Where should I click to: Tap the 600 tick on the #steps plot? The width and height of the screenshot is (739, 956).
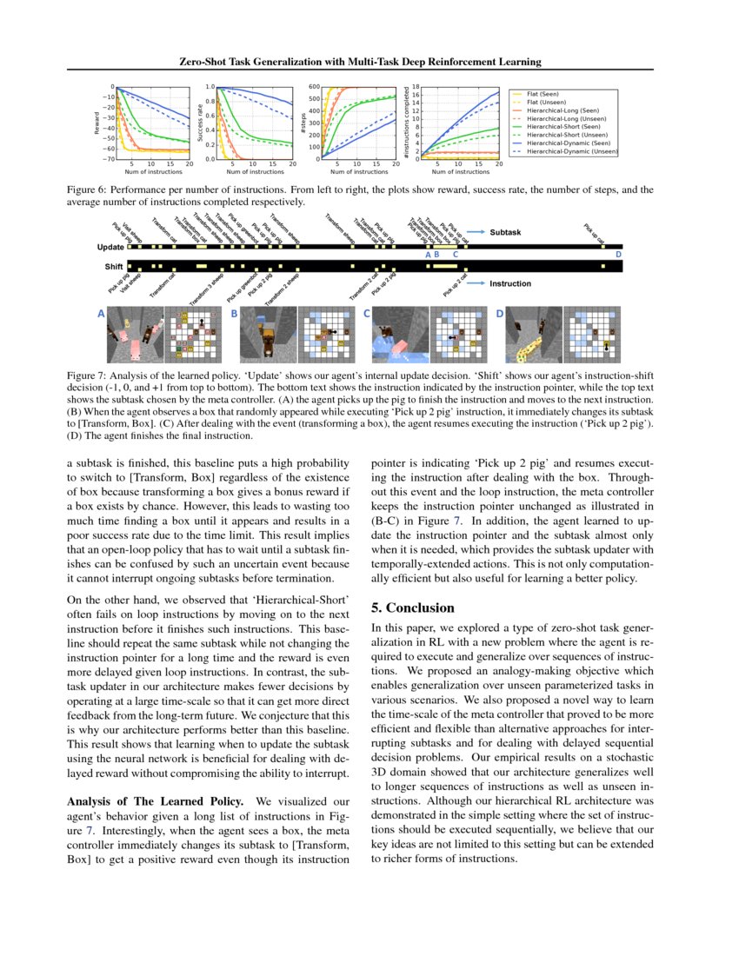tap(314, 87)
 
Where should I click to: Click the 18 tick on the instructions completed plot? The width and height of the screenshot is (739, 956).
tap(417, 87)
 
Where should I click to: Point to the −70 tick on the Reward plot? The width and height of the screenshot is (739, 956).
tap(108, 159)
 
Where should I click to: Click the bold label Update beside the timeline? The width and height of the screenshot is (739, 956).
tap(111, 248)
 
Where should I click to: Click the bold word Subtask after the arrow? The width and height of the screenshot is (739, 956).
tap(505, 233)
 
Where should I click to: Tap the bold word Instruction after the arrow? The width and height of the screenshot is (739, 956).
tap(510, 283)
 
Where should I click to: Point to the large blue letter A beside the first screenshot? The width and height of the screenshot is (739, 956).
tap(102, 313)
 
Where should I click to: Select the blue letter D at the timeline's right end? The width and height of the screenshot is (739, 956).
tap(618, 255)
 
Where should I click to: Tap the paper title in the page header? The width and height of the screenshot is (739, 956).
tap(360, 62)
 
